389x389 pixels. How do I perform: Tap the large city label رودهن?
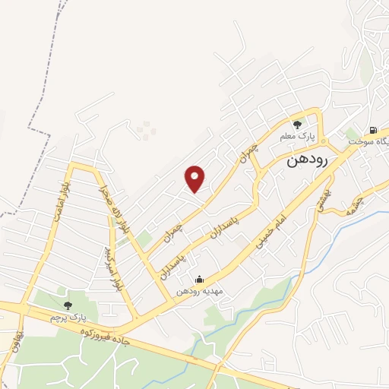tap(308, 161)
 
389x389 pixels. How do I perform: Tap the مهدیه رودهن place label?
tap(199, 291)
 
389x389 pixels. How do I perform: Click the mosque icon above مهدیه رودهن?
tap(199, 280)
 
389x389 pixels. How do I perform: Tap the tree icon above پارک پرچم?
tap(68, 305)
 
